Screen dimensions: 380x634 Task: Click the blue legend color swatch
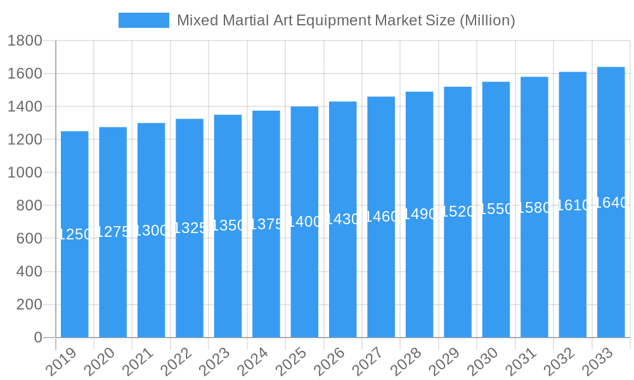click(144, 20)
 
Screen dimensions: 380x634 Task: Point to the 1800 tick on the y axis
click(25, 41)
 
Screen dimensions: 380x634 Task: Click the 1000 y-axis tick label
click(25, 173)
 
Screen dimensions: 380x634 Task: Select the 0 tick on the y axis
click(38, 338)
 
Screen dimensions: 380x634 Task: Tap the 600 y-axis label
click(29, 239)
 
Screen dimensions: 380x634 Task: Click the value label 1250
click(75, 234)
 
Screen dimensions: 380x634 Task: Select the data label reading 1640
click(612, 203)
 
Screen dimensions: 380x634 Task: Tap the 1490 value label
click(420, 214)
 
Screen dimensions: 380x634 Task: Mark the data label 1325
click(190, 228)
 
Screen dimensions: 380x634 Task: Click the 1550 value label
click(496, 209)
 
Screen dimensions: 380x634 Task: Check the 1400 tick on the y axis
click(25, 107)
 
